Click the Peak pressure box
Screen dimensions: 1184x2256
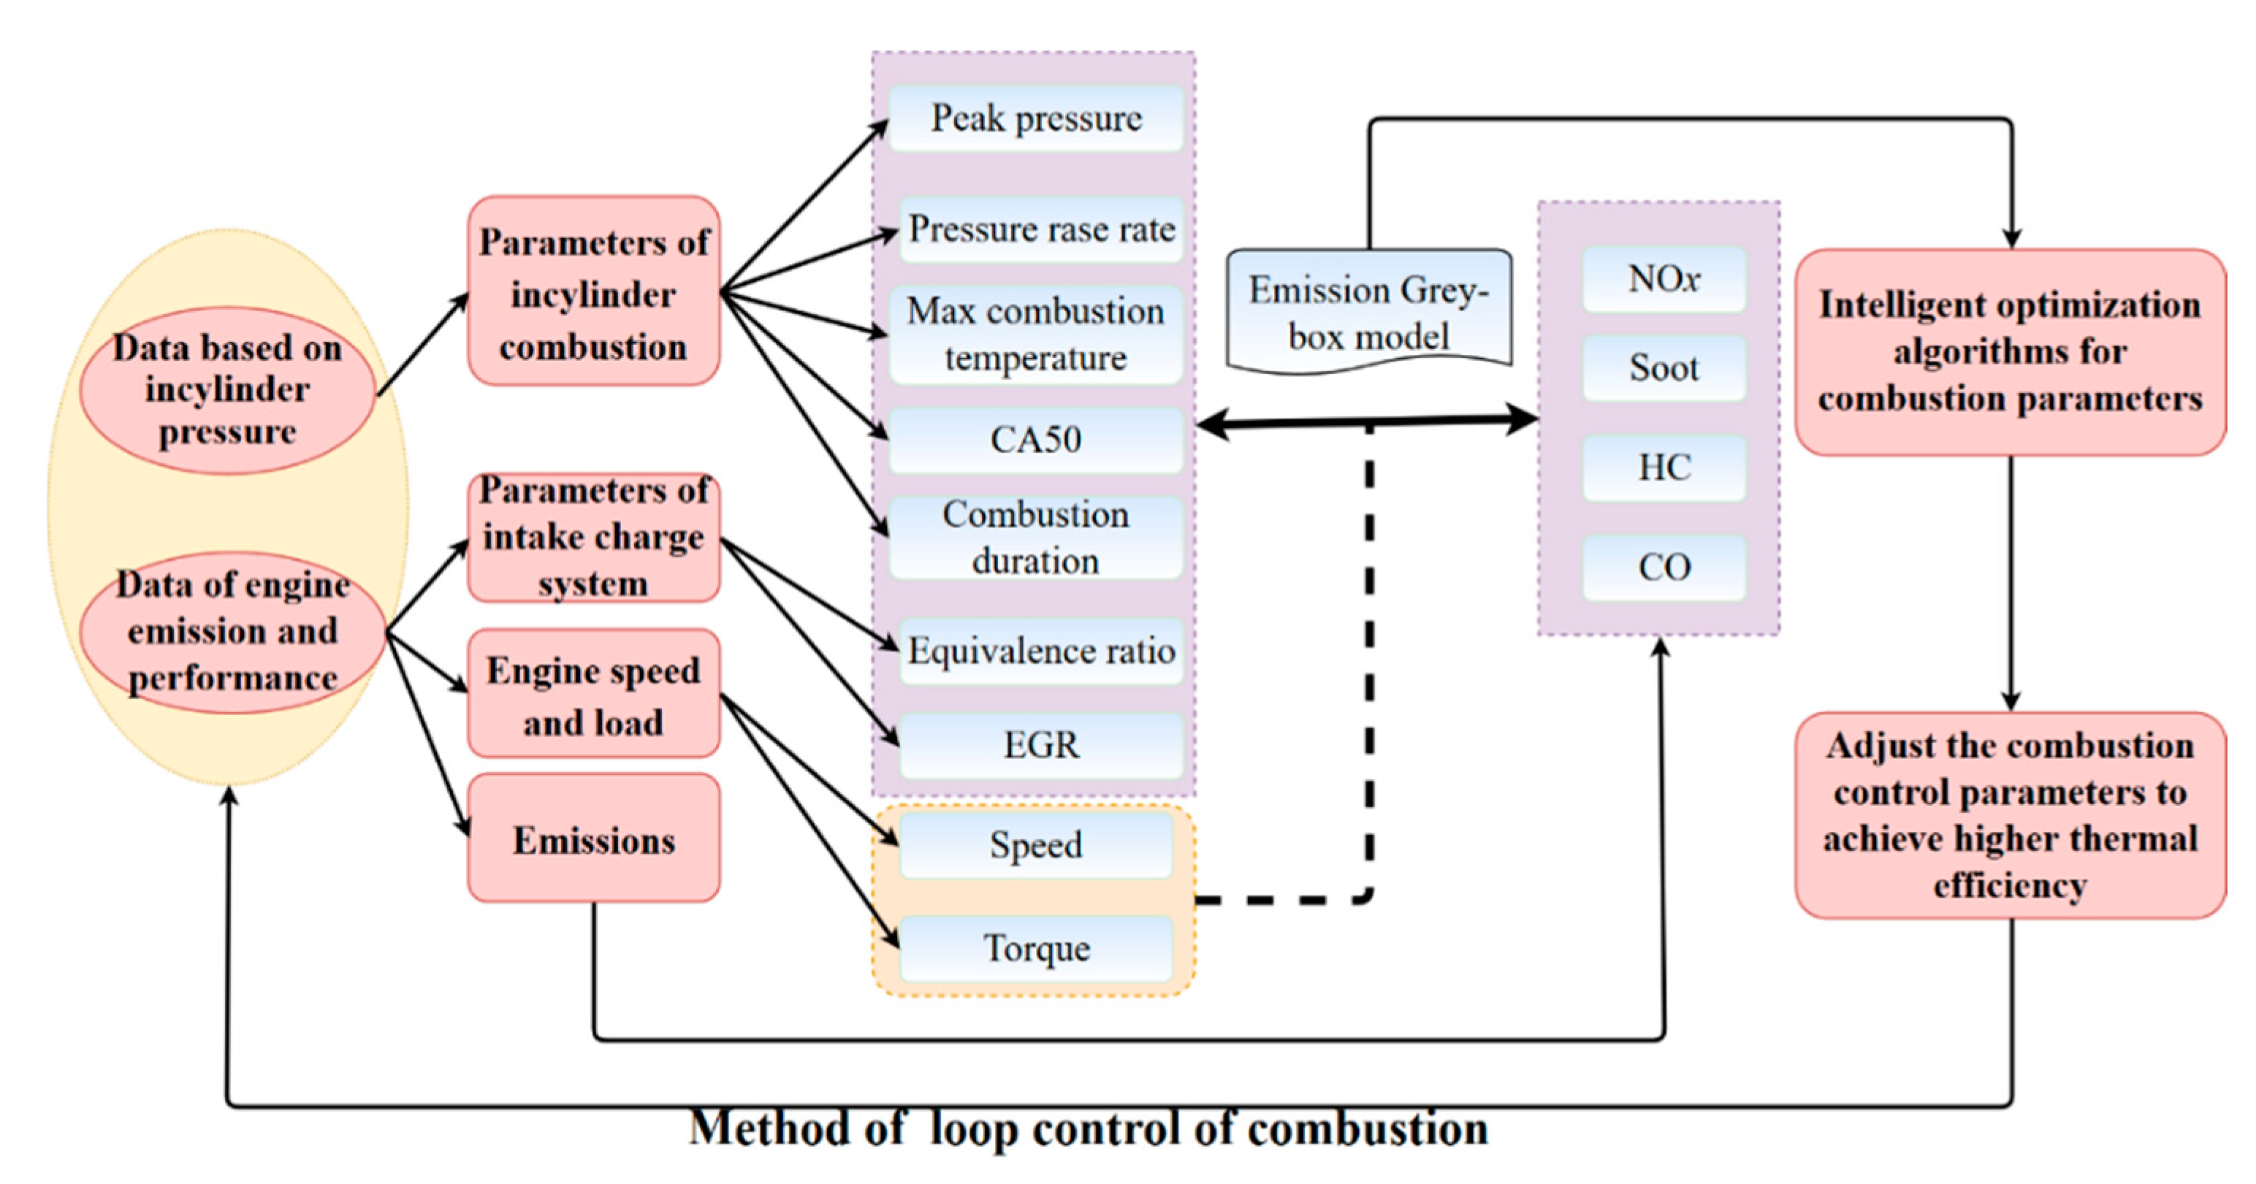1036,118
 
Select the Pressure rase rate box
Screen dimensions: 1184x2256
1041,229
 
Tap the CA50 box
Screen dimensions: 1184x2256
1036,440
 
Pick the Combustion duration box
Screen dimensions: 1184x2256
1036,538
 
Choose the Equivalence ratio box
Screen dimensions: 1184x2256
1041,652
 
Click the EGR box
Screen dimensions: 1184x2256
1041,745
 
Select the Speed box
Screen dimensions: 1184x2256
1036,845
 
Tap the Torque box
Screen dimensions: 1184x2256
1036,948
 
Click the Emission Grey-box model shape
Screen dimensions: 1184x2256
1369,312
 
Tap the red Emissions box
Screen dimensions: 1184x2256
594,839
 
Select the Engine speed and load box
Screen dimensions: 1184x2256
594,695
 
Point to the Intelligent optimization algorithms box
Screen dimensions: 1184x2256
2010,352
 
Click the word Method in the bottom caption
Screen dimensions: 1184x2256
769,1127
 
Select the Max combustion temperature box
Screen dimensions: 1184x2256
1036,335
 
